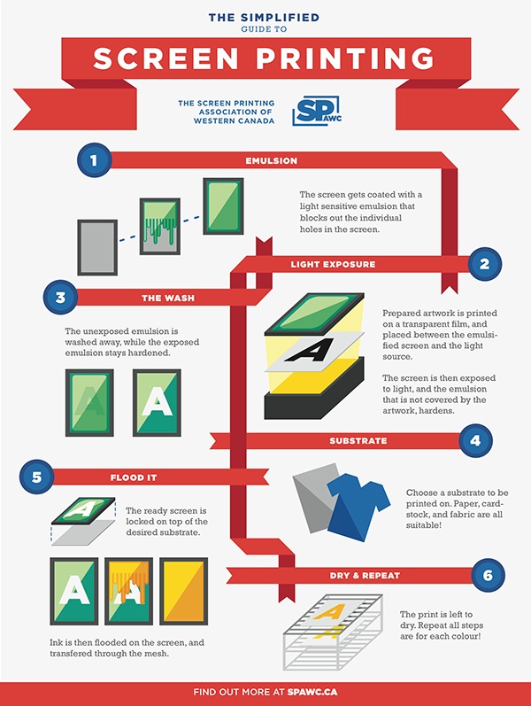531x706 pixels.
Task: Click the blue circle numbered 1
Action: point(94,160)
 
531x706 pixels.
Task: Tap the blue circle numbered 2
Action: point(485,264)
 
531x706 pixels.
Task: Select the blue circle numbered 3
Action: point(60,298)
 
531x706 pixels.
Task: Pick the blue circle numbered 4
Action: point(475,440)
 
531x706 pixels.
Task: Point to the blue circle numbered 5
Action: point(36,477)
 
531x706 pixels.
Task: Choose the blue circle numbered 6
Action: point(489,575)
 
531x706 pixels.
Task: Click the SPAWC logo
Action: point(316,111)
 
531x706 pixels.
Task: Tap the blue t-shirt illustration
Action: point(358,505)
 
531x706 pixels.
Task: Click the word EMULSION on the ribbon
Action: point(272,160)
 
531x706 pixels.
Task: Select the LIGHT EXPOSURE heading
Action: point(333,264)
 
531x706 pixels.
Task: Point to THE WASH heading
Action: point(168,298)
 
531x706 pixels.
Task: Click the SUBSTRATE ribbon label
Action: point(358,441)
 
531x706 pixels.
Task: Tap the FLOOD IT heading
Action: point(134,477)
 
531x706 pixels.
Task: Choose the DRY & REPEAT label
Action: point(365,576)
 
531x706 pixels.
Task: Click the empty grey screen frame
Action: point(97,247)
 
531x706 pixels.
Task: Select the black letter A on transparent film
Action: point(310,351)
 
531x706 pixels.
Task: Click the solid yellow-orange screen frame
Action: point(183,591)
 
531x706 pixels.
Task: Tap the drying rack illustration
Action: point(333,632)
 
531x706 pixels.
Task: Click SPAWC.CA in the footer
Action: point(312,692)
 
